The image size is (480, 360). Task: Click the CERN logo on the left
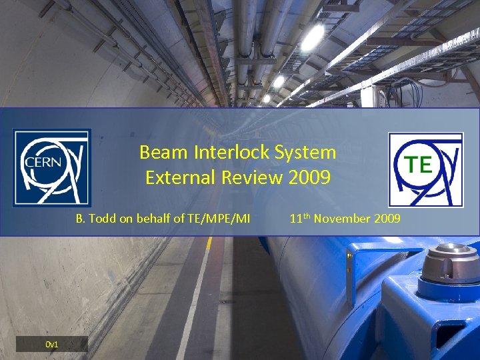[x=52, y=167]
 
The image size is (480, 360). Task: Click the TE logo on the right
[x=425, y=169]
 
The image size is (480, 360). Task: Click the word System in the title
[x=309, y=152]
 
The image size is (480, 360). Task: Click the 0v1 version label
[x=52, y=344]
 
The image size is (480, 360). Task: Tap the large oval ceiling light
[x=312, y=38]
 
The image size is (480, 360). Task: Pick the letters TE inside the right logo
[x=418, y=164]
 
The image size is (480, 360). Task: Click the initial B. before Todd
[x=80, y=217]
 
